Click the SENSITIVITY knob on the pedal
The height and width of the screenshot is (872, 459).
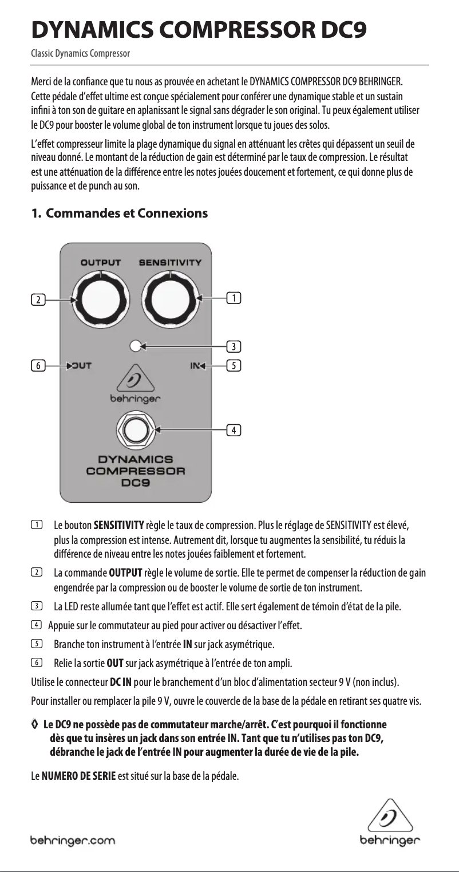click(x=170, y=299)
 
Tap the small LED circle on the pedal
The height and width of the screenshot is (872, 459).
click(x=136, y=345)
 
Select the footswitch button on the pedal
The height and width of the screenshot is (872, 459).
click(x=136, y=429)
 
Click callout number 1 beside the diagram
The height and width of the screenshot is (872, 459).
click(x=234, y=298)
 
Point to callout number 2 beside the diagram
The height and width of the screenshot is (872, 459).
click(x=38, y=299)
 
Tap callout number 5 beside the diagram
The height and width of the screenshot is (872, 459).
click(x=234, y=365)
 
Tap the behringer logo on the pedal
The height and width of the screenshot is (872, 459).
click(x=136, y=386)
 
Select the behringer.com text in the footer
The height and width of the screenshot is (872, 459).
click(x=73, y=841)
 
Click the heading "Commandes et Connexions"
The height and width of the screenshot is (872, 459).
click(x=126, y=214)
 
